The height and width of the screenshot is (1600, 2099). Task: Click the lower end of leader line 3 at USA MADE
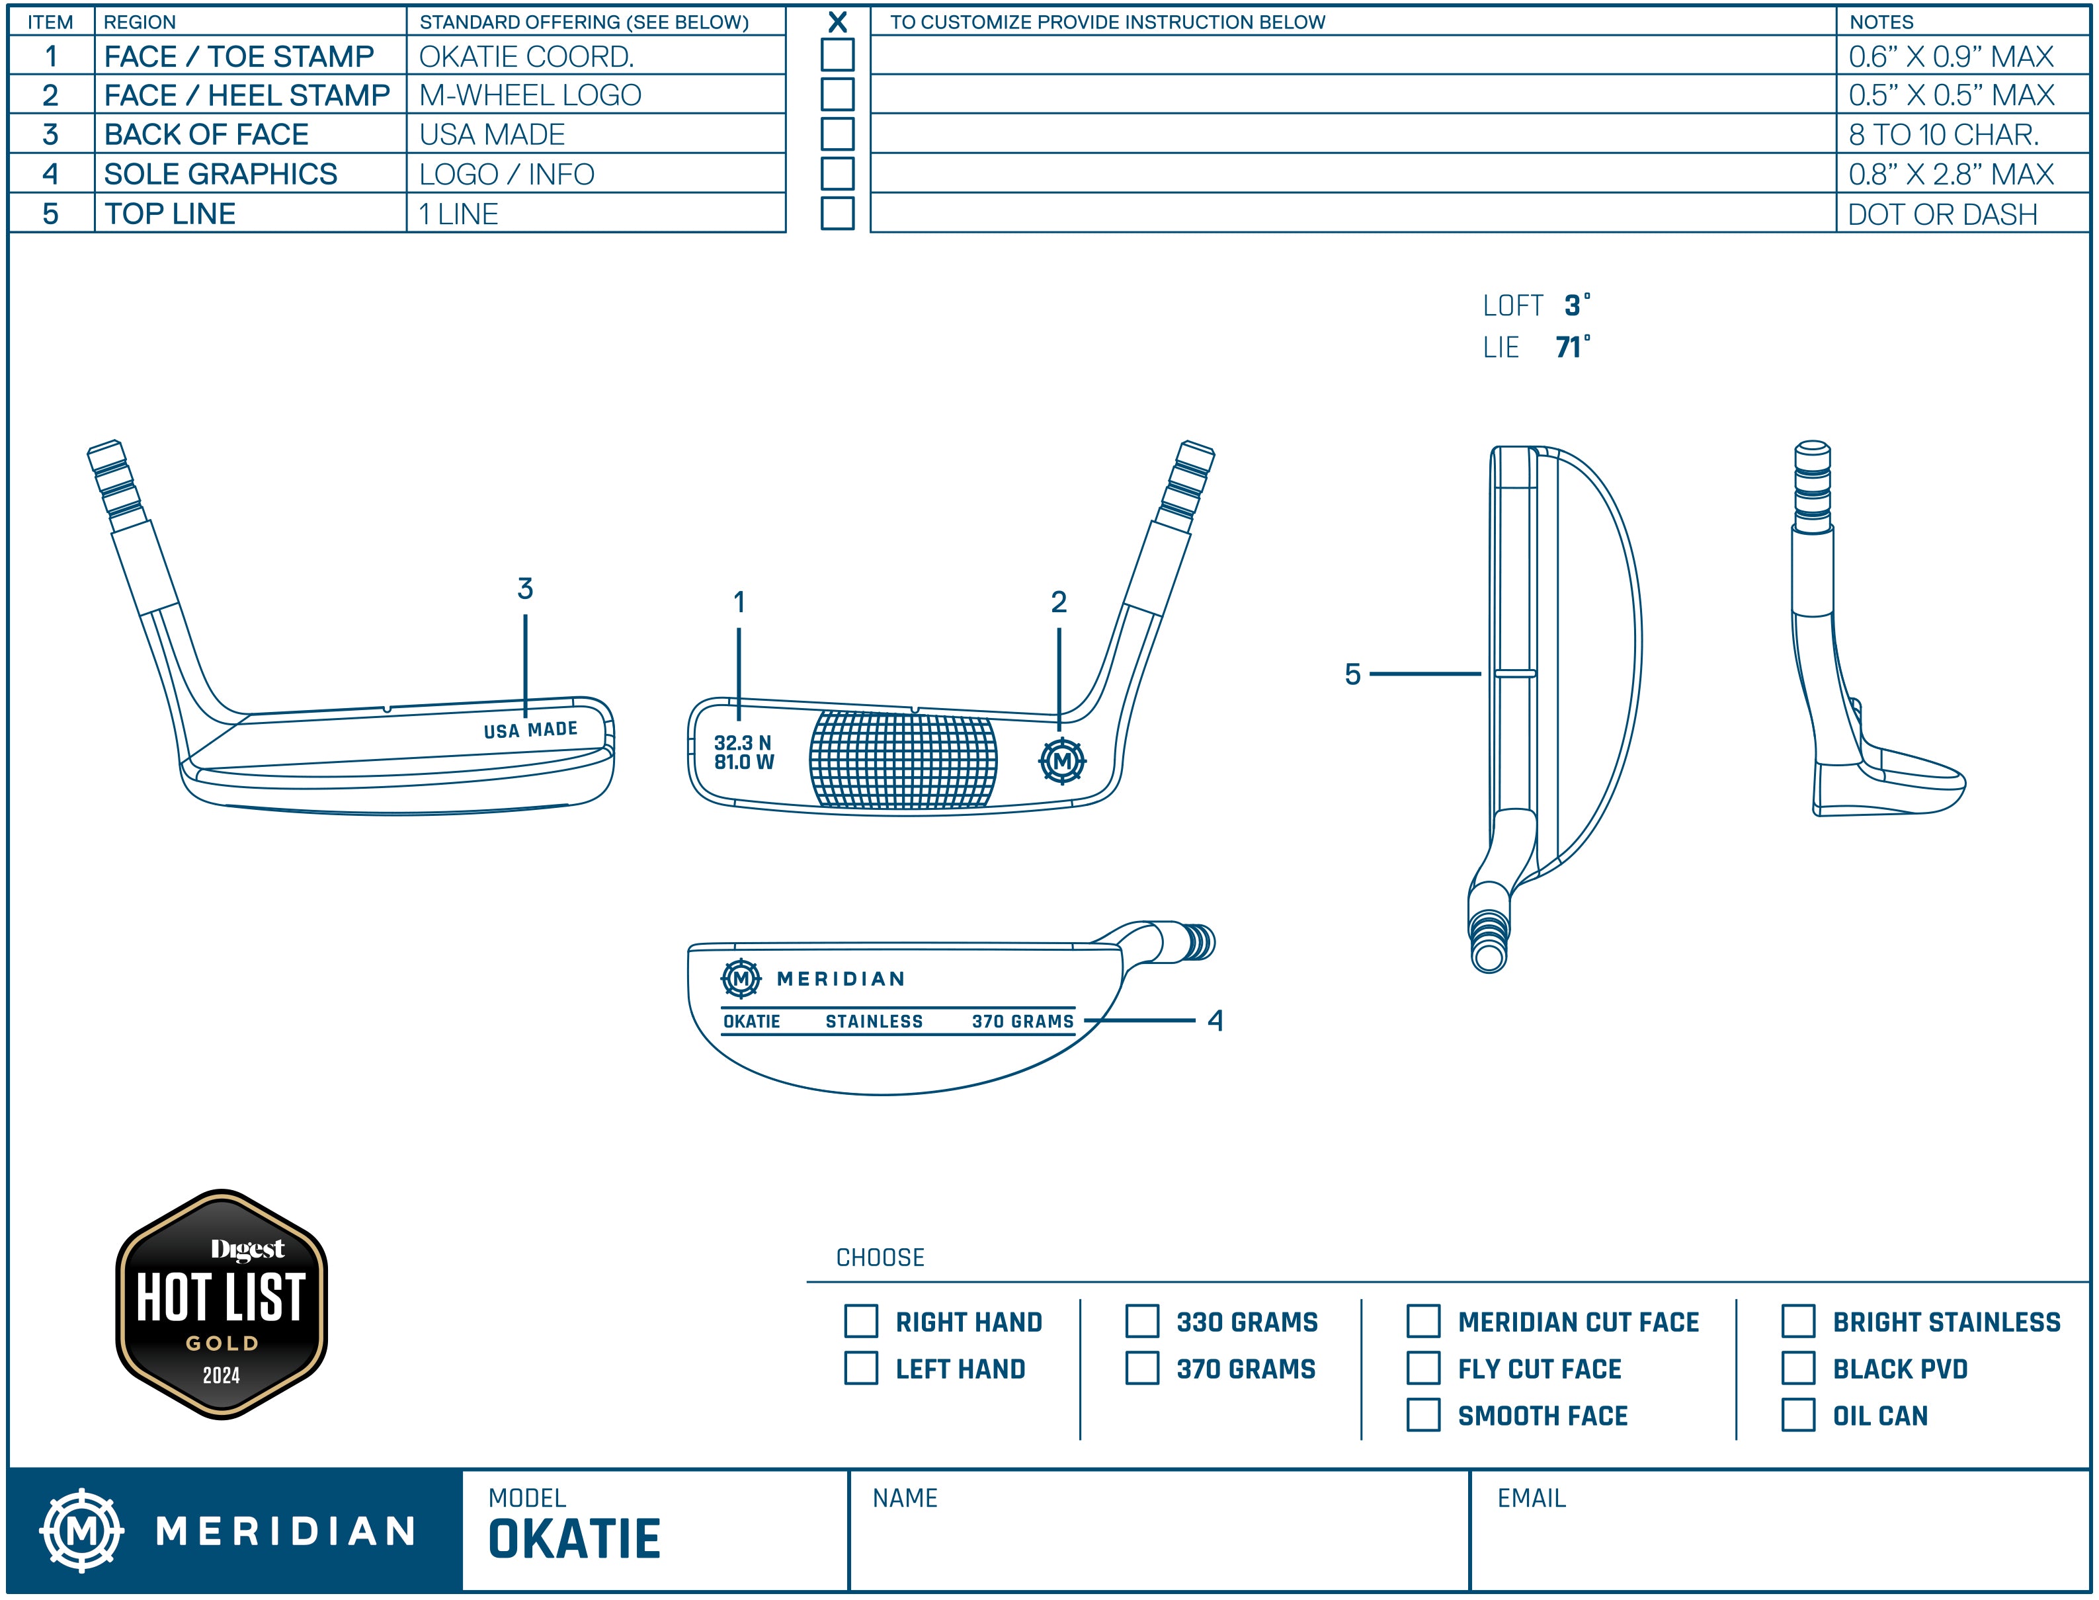click(525, 716)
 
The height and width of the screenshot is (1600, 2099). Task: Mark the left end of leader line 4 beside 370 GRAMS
click(1085, 1021)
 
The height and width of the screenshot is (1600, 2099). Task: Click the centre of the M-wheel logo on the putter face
click(1062, 761)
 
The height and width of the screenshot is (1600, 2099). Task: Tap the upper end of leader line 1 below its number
click(739, 629)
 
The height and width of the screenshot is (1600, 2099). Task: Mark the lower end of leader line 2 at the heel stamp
click(1059, 729)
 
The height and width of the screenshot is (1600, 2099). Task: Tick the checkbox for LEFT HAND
click(861, 1369)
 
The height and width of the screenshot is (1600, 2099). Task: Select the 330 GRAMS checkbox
click(1142, 1322)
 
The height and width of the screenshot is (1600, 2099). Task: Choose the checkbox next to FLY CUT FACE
click(1424, 1369)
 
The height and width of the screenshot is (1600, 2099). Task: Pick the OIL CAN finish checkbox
click(1798, 1416)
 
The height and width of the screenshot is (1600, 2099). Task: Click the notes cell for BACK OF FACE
click(1962, 134)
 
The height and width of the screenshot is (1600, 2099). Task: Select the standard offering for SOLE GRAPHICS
click(507, 175)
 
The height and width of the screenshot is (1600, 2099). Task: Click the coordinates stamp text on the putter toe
click(744, 752)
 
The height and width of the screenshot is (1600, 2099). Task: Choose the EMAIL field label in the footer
click(1532, 1499)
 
